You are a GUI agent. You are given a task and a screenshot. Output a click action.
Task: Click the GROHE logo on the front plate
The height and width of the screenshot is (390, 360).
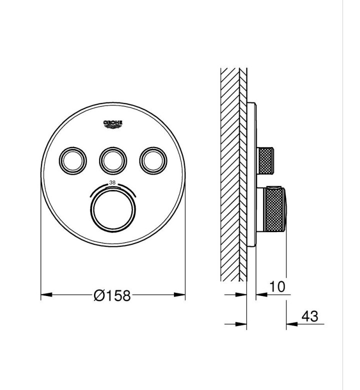pos(112,124)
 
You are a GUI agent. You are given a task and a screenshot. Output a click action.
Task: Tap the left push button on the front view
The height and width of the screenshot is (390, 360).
pos(72,161)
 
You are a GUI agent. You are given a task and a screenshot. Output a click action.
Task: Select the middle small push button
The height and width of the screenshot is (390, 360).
pos(113,161)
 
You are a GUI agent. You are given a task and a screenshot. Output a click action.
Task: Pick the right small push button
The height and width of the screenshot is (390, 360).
pos(153,161)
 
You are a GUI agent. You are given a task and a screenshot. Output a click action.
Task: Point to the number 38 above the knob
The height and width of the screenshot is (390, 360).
pos(112,182)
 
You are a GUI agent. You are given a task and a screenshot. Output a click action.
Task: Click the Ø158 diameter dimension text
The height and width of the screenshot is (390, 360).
pos(112,295)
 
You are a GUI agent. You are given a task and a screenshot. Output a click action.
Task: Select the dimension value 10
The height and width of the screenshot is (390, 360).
pos(277,286)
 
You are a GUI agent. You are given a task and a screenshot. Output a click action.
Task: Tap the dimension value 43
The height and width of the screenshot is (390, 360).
pos(309,316)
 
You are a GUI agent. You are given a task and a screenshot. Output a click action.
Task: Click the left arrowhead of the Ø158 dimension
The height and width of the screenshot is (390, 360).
pos(46,294)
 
